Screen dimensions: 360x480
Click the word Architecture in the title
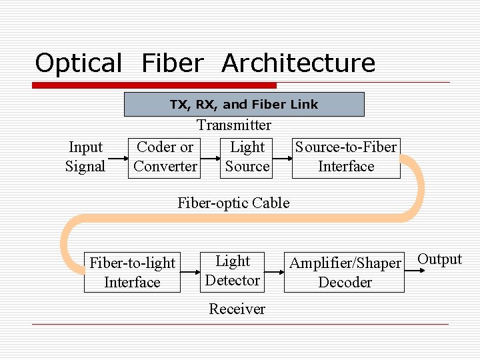(x=298, y=63)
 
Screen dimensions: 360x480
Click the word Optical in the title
(x=78, y=63)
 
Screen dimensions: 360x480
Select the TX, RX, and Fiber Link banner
(x=244, y=104)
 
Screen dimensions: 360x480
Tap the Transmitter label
(x=233, y=125)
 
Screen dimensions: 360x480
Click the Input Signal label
(x=85, y=157)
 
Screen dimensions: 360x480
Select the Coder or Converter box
(x=165, y=157)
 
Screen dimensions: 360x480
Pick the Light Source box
(x=247, y=157)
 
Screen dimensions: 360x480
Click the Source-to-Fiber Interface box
(x=346, y=157)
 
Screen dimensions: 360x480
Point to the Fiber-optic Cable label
(x=233, y=203)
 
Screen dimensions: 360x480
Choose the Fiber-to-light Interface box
(x=132, y=273)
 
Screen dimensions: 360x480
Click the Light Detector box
(x=233, y=271)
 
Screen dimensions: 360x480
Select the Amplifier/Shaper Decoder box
(x=345, y=273)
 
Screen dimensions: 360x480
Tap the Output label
(x=439, y=259)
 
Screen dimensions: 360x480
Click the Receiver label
(x=237, y=309)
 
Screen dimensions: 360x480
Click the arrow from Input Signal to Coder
(x=117, y=159)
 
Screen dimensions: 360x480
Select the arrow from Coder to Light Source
(x=211, y=159)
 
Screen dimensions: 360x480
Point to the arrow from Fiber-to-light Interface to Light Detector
(x=191, y=272)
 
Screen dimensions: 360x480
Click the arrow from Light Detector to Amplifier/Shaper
(x=273, y=272)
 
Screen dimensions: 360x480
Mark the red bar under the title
(x=155, y=85)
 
